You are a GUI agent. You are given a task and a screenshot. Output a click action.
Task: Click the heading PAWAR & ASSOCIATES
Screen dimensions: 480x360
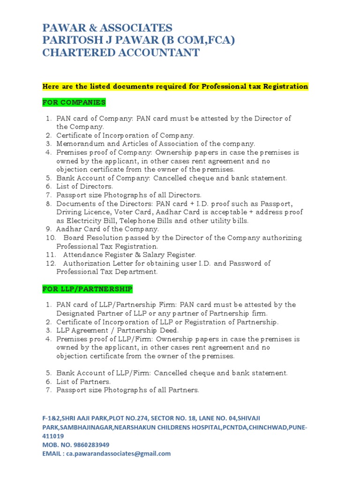pos(107,28)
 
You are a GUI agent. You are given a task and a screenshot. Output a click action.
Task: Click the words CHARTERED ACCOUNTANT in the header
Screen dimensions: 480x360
pos(121,52)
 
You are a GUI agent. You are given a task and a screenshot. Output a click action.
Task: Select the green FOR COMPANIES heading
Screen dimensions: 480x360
pos(74,102)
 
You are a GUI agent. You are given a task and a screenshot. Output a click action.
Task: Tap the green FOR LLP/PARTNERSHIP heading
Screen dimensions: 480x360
pos(87,289)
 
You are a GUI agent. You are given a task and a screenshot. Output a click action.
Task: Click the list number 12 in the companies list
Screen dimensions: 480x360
pos(50,263)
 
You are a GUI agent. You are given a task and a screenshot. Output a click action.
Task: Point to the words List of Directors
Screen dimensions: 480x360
pos(85,187)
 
